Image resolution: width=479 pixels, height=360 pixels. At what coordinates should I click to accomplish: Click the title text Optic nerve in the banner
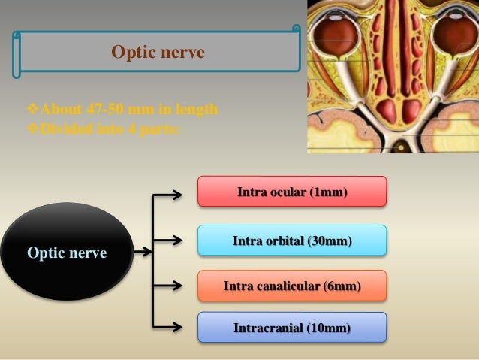pos(158,53)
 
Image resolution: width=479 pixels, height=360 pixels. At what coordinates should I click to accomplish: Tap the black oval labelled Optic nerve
pos(67,253)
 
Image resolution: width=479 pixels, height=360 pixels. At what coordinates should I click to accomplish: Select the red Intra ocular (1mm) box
pos(291,192)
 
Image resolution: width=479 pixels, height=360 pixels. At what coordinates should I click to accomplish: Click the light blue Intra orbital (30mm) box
pos(291,241)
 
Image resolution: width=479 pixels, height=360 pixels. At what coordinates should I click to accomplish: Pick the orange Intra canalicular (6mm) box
pos(291,286)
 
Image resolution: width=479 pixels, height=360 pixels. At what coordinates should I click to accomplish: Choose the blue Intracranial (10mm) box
pos(291,328)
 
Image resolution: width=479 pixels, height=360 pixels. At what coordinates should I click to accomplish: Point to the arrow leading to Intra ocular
pos(169,195)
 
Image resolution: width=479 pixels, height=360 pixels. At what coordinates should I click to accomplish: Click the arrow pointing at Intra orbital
pos(169,241)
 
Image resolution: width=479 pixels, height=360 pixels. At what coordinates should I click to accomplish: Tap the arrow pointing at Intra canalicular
pos(169,286)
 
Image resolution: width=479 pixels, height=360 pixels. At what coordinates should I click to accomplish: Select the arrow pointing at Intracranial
pos(169,327)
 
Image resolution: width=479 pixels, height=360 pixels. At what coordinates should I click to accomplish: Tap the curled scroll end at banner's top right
pos(296,31)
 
